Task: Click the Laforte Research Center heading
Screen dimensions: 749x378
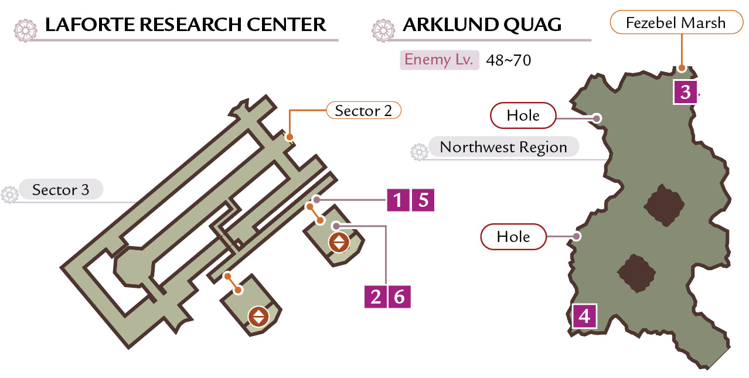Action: (x=185, y=25)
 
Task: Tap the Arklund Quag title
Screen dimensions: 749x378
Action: (x=482, y=25)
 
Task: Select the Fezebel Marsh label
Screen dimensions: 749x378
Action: (x=676, y=22)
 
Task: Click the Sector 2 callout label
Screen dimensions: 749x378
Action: (x=363, y=110)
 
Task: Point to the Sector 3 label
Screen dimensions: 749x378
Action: (x=60, y=189)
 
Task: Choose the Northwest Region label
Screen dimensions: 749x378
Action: (x=503, y=147)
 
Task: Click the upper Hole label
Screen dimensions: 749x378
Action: (x=523, y=115)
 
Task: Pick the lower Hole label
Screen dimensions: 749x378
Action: (x=513, y=237)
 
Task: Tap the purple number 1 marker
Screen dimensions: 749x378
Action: (x=398, y=200)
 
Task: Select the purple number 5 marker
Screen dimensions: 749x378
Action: (x=423, y=200)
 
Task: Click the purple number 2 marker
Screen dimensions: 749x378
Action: (x=376, y=297)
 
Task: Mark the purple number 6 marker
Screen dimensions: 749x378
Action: (x=399, y=297)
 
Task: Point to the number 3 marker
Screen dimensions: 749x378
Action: (x=685, y=92)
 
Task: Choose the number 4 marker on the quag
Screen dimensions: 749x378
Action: (x=584, y=316)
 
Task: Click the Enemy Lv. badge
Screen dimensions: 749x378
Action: (x=440, y=60)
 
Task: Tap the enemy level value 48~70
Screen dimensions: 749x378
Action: (x=509, y=60)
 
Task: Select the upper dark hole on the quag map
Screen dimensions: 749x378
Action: (x=664, y=205)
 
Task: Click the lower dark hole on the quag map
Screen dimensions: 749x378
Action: (x=636, y=273)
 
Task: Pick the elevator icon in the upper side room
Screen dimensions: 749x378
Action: (x=339, y=242)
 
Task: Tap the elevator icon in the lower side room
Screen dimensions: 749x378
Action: (x=258, y=316)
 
